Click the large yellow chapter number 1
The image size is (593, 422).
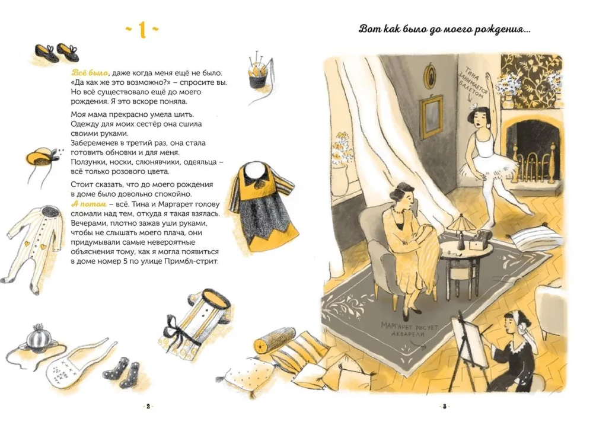coord(142,30)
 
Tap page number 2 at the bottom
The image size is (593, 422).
coord(148,407)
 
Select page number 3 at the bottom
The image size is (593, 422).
coord(445,407)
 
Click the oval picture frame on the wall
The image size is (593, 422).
coord(429,76)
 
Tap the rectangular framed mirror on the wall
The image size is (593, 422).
coord(432,116)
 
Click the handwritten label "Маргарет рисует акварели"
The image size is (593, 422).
coord(409,330)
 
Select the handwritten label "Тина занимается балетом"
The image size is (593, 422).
coord(473,85)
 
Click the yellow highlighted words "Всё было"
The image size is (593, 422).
coord(90,72)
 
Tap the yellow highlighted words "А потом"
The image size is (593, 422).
coord(89,204)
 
